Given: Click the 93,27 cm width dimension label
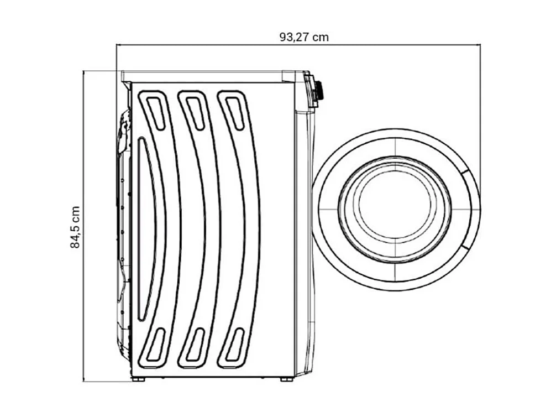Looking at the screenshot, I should pyautogui.click(x=304, y=37).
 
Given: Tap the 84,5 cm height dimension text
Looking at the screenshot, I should pyautogui.click(x=76, y=227).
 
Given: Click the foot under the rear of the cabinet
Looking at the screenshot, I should pyautogui.click(x=138, y=379).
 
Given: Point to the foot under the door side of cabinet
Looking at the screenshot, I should pyautogui.click(x=286, y=379).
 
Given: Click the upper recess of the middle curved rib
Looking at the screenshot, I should pyautogui.click(x=194, y=112).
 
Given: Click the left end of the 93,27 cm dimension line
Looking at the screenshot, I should pyautogui.click(x=117, y=45).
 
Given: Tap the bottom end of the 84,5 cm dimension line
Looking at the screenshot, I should pyautogui.click(x=83, y=381).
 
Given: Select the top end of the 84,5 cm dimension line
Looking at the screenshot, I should pyautogui.click(x=83, y=71).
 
